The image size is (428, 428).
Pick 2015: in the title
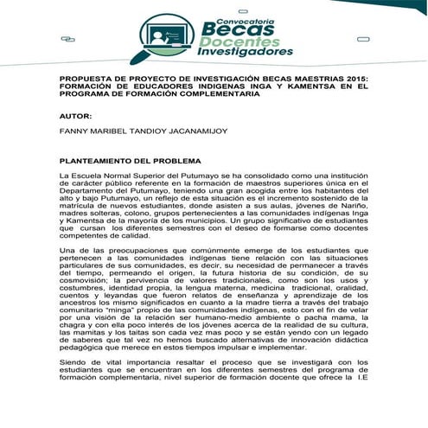coord(351,78)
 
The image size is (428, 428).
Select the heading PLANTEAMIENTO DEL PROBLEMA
coord(130,161)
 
